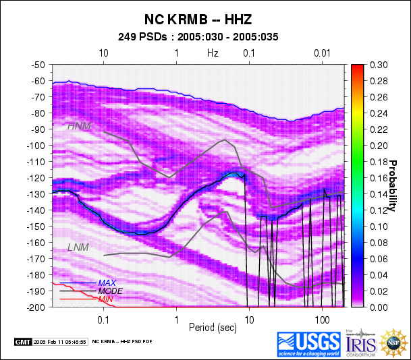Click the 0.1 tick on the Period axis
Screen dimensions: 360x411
point(104,318)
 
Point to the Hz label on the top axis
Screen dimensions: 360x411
point(213,53)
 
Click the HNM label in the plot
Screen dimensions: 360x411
point(78,125)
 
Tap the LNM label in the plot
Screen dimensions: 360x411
point(78,248)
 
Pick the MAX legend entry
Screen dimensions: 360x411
point(107,282)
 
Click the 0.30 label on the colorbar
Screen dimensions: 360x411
point(378,65)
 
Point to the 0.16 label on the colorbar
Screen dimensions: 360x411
point(378,178)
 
